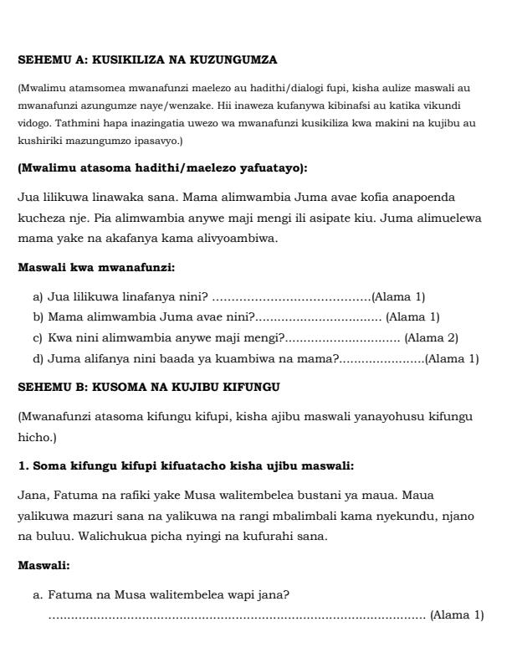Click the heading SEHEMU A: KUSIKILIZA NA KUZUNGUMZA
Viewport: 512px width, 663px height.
click(x=147, y=59)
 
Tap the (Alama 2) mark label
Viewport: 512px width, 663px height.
click(x=431, y=338)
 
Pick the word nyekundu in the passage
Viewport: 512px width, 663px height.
click(x=403, y=516)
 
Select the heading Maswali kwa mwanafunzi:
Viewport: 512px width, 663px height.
click(x=96, y=268)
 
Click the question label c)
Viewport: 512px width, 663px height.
click(x=38, y=338)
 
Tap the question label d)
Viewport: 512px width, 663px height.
click(x=38, y=359)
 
